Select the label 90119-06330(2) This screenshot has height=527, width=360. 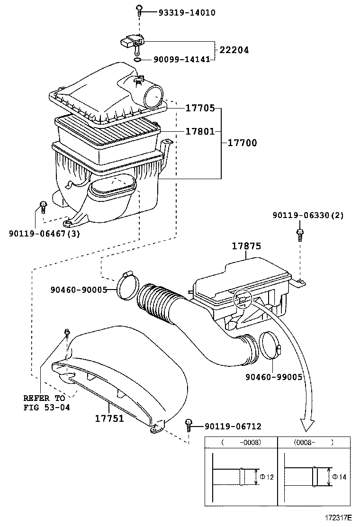308,215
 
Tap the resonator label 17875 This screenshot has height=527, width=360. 246,246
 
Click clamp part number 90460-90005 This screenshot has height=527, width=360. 79,290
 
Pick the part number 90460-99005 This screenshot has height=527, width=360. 273,377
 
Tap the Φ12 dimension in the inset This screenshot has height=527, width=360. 267,477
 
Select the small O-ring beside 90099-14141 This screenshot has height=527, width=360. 137,60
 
